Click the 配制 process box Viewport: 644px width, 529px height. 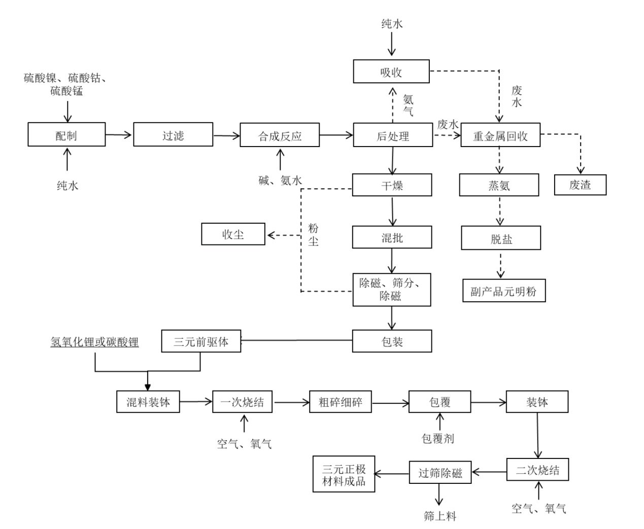pos(66,134)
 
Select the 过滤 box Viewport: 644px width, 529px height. pos(173,134)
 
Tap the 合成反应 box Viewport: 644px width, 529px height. pos(280,134)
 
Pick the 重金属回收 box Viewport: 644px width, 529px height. pos(500,135)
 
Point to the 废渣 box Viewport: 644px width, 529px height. pos(580,185)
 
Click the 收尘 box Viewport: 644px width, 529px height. pos(233,234)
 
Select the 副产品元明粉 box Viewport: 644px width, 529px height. pos(503,291)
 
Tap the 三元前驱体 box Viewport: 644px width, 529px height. pos(201,341)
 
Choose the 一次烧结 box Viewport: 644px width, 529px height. pos(243,402)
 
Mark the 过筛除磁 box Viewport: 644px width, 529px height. pos(440,472)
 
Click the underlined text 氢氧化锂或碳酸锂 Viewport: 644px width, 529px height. pos(94,342)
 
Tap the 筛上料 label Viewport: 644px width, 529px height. pos(440,516)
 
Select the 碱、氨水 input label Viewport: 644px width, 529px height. pos(280,180)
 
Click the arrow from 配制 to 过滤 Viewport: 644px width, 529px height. pos(119,134)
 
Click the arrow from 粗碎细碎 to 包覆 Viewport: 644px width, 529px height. pos(390,403)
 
